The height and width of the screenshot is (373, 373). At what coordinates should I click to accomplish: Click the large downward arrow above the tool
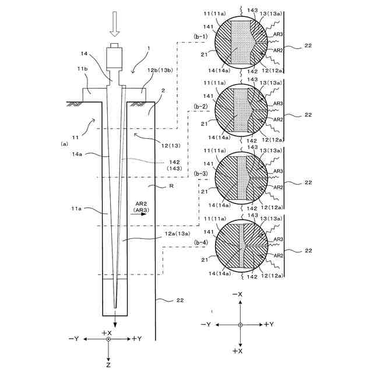click(114, 25)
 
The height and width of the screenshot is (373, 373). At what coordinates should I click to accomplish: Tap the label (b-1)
click(200, 36)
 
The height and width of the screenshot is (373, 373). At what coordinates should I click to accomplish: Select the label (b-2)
click(200, 106)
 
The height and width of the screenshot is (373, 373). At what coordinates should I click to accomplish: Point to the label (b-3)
click(200, 174)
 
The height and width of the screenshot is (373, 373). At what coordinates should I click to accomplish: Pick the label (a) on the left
click(65, 142)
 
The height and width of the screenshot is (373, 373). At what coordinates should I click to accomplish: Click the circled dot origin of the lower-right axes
click(240, 324)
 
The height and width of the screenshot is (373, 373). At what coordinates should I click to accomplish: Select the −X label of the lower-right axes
click(238, 295)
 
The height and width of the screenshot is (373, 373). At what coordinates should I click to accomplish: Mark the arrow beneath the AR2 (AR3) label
click(140, 214)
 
